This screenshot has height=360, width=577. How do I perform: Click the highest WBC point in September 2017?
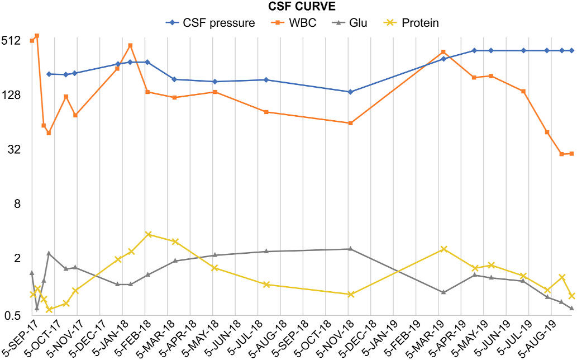(x=37, y=36)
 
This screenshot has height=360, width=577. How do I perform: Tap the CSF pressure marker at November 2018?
(x=350, y=92)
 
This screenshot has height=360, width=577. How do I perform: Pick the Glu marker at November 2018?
(x=350, y=249)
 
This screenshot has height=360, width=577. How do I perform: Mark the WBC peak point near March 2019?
(x=443, y=52)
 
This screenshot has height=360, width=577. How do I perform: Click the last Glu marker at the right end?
(x=571, y=308)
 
